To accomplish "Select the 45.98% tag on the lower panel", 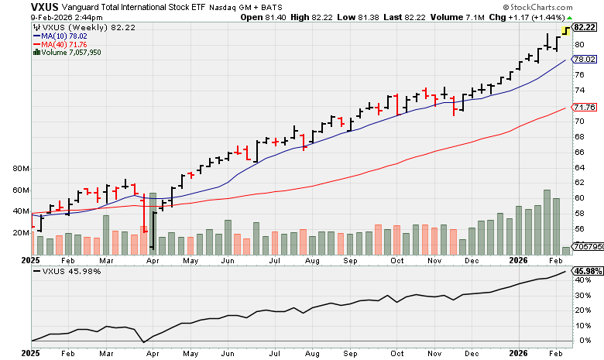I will tap(587, 271).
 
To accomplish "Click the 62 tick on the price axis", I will tap(579, 182).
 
